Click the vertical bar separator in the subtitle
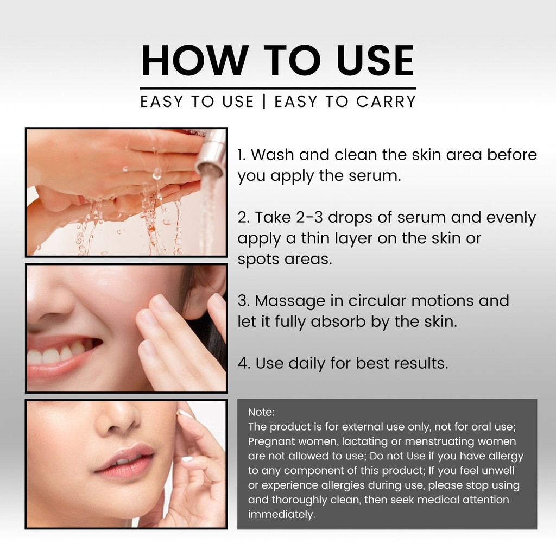(264, 102)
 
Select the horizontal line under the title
(277, 89)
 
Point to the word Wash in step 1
(273, 155)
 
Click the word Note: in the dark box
(261, 412)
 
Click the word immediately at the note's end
(282, 515)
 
